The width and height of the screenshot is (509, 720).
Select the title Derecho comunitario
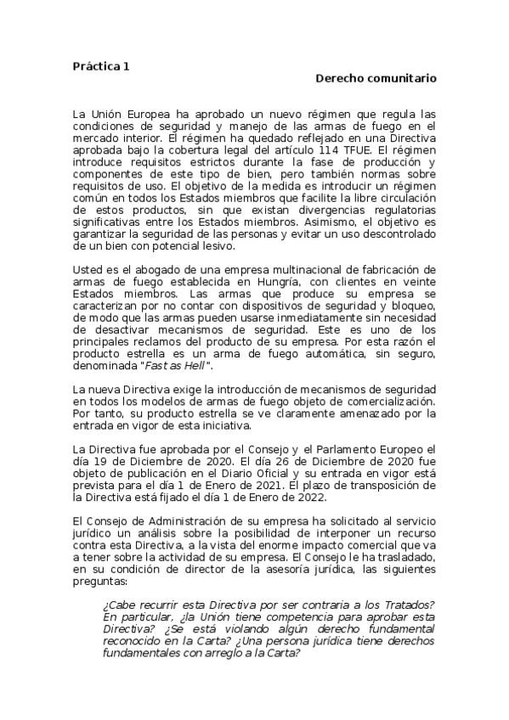(x=376, y=78)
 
